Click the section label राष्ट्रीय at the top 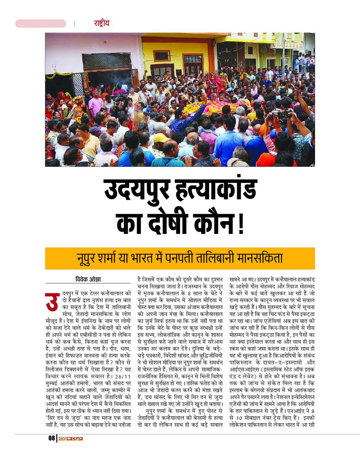coord(101,23)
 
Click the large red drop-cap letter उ coord(52,301)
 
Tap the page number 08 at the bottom coord(51,439)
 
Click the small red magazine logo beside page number coord(70,439)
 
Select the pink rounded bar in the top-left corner coord(41,24)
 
